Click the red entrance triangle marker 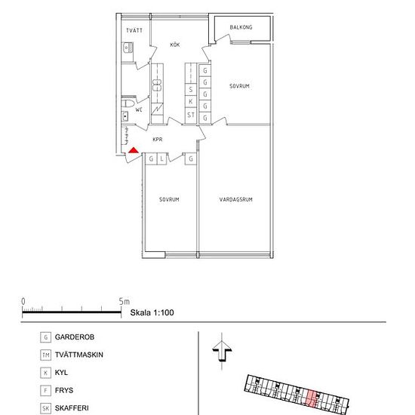click(x=134, y=150)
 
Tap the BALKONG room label click(x=241, y=27)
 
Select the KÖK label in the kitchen click(x=175, y=45)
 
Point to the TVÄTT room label click(x=134, y=30)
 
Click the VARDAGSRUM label click(x=236, y=199)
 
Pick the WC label click(x=139, y=109)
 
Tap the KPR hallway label click(x=158, y=140)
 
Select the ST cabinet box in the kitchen click(x=191, y=115)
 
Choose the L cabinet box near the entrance click(x=161, y=158)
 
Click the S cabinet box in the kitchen click(x=191, y=90)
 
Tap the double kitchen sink click(x=157, y=85)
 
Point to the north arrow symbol click(x=222, y=351)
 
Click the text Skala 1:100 click(x=152, y=312)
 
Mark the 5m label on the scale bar click(x=124, y=301)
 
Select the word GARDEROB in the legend click(x=75, y=337)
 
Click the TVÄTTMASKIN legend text click(x=79, y=355)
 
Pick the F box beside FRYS click(x=45, y=390)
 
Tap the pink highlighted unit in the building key click(x=312, y=399)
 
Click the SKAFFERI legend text click(x=72, y=408)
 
